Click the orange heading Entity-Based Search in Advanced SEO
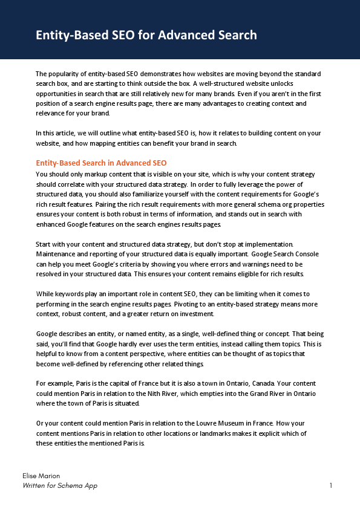101,163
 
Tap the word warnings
241,264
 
